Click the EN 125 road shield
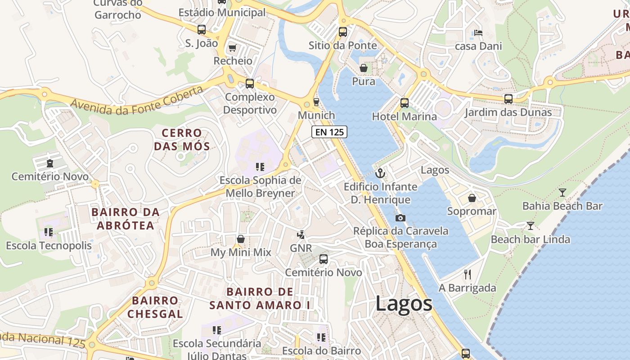click(x=329, y=132)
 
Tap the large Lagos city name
click(x=404, y=303)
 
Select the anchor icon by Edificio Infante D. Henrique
click(x=381, y=173)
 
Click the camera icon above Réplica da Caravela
click(x=400, y=218)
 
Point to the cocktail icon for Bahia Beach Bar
click(x=562, y=193)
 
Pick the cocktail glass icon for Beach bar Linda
click(x=531, y=225)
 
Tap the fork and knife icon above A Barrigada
click(x=468, y=274)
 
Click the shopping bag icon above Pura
click(x=364, y=68)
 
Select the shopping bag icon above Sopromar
click(x=472, y=198)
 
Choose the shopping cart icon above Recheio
click(x=233, y=48)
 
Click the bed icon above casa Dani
click(x=478, y=32)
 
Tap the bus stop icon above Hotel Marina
click(x=405, y=103)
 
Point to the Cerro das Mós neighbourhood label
click(x=182, y=139)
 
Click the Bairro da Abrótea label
click(x=126, y=218)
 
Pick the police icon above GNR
click(x=301, y=234)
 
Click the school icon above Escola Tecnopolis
click(x=49, y=232)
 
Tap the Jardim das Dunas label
click(x=508, y=112)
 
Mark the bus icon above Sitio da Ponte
click(x=343, y=32)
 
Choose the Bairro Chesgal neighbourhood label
click(x=155, y=307)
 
